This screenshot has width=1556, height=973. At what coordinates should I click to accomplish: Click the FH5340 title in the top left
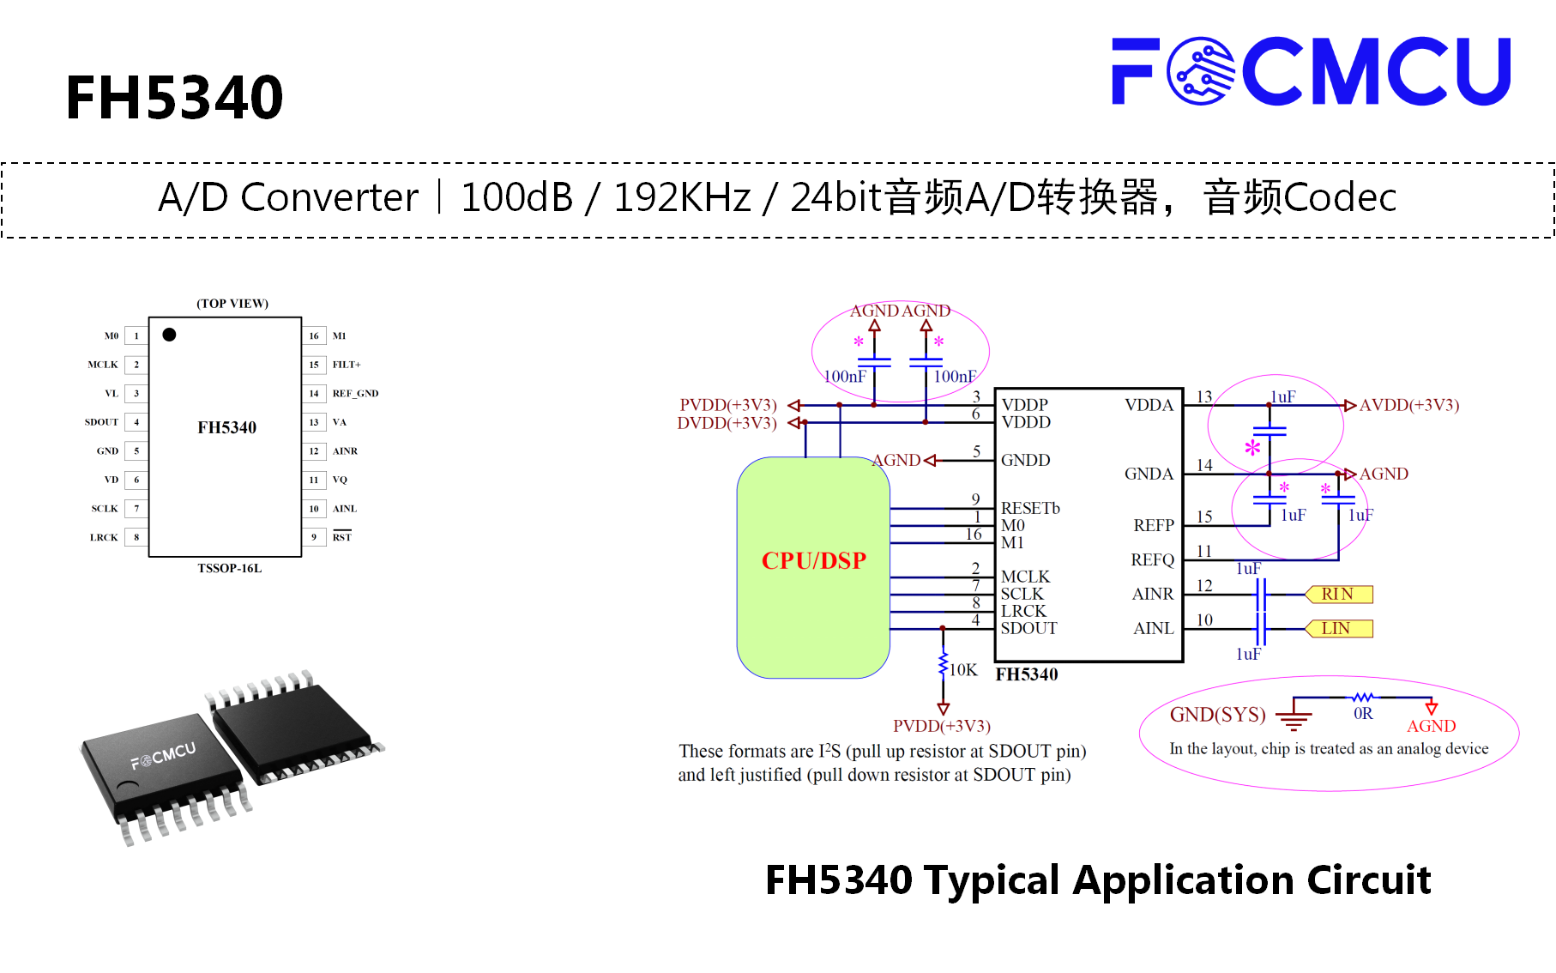[x=174, y=98]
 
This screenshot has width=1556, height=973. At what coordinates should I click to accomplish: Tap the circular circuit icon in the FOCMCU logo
[x=1201, y=71]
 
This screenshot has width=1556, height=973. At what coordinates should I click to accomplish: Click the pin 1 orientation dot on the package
[x=169, y=335]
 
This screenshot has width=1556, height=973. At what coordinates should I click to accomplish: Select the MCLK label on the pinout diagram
[x=103, y=365]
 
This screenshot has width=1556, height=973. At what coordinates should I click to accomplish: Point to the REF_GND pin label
[x=355, y=394]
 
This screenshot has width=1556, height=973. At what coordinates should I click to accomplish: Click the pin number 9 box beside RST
[x=314, y=537]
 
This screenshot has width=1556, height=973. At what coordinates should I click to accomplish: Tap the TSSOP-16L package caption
[x=229, y=568]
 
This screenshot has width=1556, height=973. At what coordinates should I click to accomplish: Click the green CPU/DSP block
[x=813, y=567]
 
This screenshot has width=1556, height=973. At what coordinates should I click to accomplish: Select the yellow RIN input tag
[x=1338, y=594]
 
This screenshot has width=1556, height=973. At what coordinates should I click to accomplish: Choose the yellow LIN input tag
[x=1338, y=628]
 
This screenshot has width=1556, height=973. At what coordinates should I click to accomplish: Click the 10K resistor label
[x=963, y=670]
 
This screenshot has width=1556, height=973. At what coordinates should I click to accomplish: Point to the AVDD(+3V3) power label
[x=1409, y=405]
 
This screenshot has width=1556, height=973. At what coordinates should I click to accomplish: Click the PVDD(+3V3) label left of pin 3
[x=728, y=405]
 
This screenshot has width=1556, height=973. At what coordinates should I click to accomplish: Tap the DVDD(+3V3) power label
[x=727, y=423]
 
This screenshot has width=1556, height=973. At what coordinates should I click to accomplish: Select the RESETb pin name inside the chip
[x=1030, y=508]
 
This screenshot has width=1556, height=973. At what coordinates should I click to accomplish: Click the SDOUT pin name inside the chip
[x=1029, y=628]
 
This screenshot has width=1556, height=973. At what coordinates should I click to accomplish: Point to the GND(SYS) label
[x=1218, y=715]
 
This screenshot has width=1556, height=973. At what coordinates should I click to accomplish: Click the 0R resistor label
[x=1363, y=714]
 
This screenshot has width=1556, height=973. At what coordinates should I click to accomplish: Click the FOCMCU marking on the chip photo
[x=163, y=755]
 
